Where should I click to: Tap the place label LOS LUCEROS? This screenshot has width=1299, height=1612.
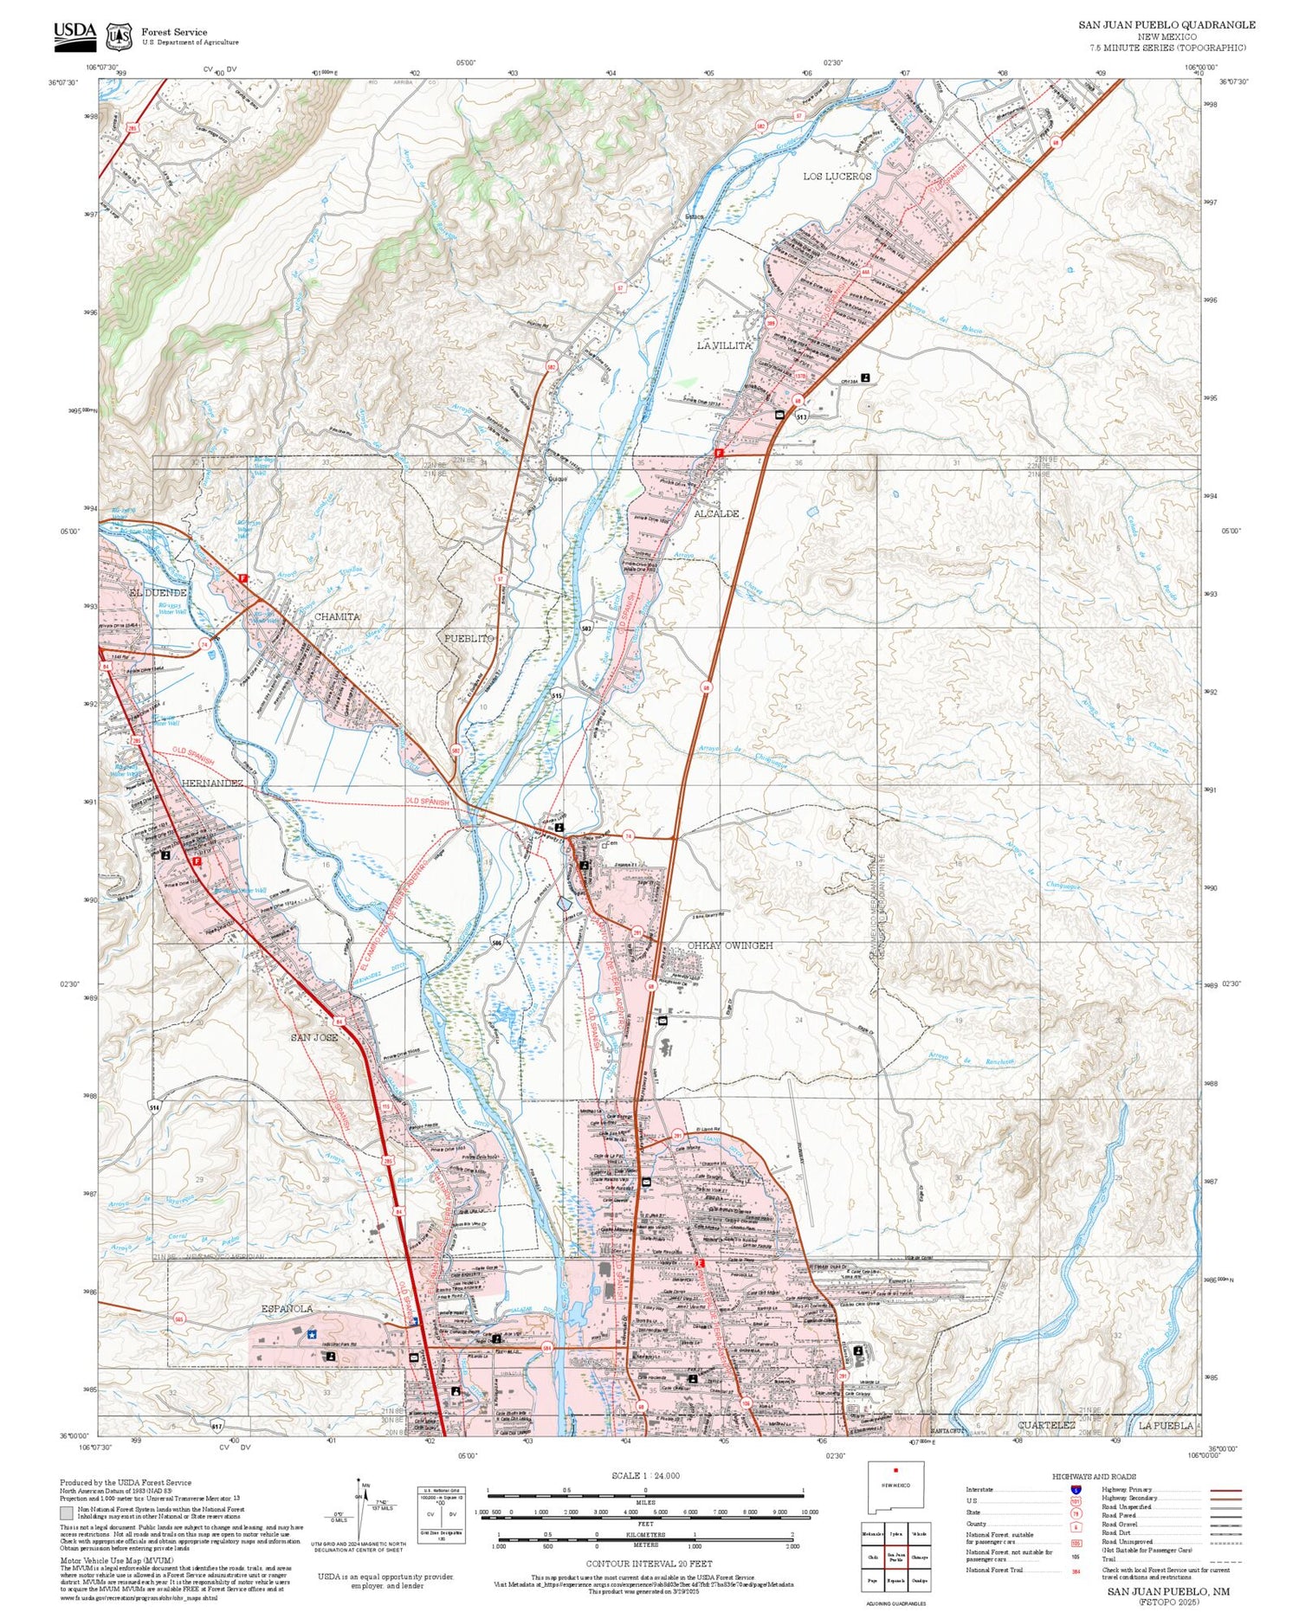(837, 177)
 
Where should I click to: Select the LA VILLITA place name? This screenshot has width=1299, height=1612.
(724, 345)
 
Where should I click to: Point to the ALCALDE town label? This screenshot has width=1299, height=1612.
(716, 513)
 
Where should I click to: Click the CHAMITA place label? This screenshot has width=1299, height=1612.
(337, 616)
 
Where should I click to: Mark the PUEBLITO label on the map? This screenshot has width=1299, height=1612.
(469, 638)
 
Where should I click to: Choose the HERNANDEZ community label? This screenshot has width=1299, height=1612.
(212, 783)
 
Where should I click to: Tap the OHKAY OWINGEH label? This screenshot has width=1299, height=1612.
(729, 945)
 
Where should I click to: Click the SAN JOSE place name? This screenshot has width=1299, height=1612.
(313, 1037)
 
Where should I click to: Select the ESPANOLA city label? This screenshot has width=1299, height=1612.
(287, 1308)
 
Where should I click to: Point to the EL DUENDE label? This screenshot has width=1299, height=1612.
(158, 593)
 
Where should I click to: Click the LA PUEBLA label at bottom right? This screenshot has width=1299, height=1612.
(1166, 1425)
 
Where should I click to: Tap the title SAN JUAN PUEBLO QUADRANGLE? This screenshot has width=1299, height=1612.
(1167, 25)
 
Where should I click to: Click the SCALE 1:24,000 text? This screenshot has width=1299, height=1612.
(645, 1475)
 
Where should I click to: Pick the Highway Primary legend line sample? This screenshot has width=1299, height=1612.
(1221, 1491)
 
